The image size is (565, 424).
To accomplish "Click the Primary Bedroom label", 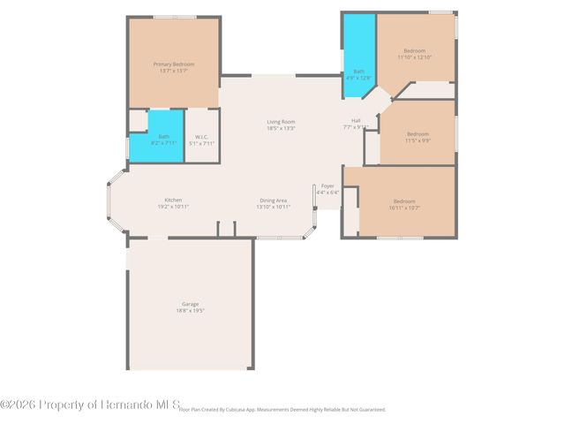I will (174, 64).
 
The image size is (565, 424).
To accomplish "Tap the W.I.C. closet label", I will (201, 136).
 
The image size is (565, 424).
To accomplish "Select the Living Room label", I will (281, 121).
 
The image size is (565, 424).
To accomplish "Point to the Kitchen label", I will (173, 200).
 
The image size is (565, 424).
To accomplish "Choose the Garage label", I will (191, 304).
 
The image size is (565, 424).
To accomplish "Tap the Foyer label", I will (328, 186).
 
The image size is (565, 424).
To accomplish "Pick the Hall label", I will (355, 120).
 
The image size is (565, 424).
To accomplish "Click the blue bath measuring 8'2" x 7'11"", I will (164, 139).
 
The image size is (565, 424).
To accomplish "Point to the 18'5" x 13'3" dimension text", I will (281, 128).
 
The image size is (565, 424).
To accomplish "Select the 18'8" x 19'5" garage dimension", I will (191, 311).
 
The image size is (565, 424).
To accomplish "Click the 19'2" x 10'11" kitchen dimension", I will (173, 207).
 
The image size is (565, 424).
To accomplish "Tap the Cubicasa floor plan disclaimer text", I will (282, 410).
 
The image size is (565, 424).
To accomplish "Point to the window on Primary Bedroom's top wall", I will (174, 17).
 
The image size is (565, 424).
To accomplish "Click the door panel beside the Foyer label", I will (314, 196).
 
